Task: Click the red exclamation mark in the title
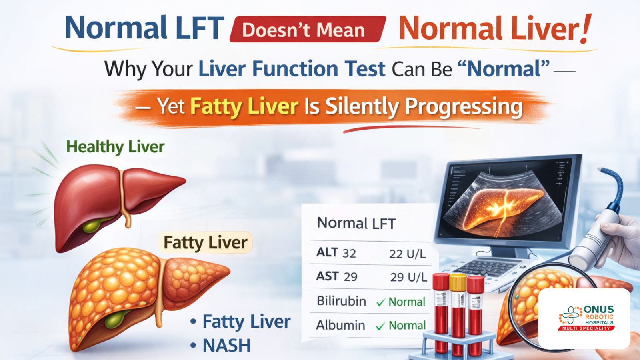[x=585, y=29]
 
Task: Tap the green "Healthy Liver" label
[x=115, y=147]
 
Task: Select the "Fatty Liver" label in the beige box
[x=205, y=242]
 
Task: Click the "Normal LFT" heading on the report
[x=356, y=223]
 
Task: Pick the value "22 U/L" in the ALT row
[x=407, y=254]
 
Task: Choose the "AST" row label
[x=328, y=276]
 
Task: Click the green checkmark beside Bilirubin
[x=380, y=302]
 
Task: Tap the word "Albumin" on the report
[x=340, y=325]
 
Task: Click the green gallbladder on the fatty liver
[x=115, y=319]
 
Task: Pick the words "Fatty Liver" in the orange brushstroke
[x=244, y=106]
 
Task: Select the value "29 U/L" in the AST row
[x=408, y=277]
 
